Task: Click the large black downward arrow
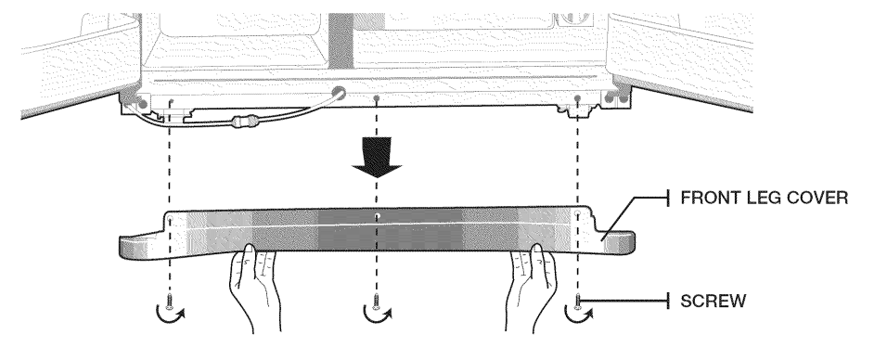tap(377, 157)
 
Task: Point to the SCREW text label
tap(713, 301)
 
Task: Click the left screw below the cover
tap(170, 302)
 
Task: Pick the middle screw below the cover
tap(377, 302)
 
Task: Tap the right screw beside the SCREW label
tap(577, 302)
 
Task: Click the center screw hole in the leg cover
tap(377, 215)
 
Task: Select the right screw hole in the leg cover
tap(577, 214)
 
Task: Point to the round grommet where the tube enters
tap(337, 94)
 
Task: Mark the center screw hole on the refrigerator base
tap(377, 98)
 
